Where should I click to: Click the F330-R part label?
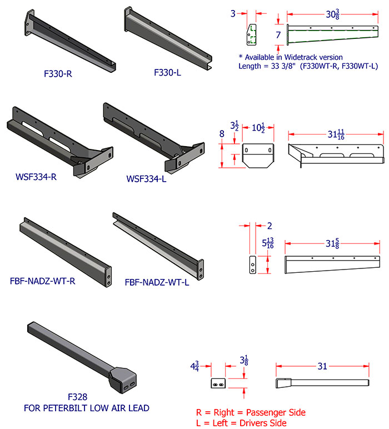tap(57, 73)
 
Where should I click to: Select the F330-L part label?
tap(168, 72)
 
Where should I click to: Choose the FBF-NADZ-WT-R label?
tap(43, 281)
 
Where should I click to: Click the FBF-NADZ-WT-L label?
tap(157, 282)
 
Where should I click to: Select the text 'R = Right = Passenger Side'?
tap(251, 412)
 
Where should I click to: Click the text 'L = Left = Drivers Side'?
tap(241, 423)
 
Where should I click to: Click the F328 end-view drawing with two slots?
tap(218, 384)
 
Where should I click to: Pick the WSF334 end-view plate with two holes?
tap(258, 154)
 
